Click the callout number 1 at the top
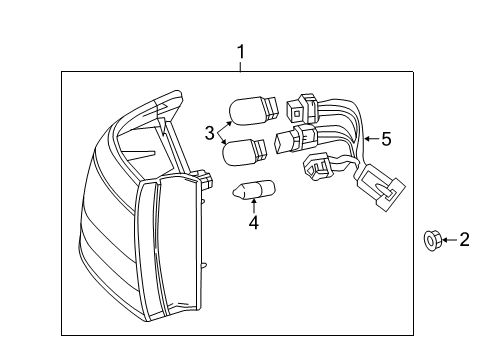coord(239,50)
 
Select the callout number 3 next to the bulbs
coord(210,133)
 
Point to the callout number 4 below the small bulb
coord(254,225)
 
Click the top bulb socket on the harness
coord(301,107)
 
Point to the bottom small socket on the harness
coord(317,171)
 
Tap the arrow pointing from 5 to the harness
coord(372,141)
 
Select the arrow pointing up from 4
coord(254,208)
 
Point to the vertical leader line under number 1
coord(239,65)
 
